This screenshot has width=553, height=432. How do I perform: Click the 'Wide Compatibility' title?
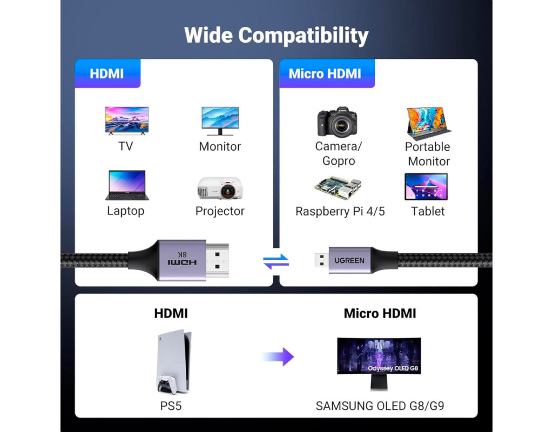coord(276,35)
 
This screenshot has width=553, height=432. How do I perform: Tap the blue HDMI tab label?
coord(107,73)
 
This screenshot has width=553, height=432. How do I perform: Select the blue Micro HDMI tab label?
coord(325,73)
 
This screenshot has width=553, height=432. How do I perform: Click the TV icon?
coord(126,120)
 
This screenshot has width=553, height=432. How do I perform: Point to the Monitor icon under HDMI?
coord(220,120)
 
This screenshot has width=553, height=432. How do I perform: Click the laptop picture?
coord(126,185)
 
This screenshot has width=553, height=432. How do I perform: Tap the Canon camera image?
coord(338,122)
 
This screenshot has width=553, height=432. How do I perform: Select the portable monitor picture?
coord(428,122)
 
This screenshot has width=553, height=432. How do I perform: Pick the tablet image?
coord(426,186)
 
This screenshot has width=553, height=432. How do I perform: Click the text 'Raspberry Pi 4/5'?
coord(340,211)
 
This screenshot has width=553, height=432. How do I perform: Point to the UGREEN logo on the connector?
coord(349,260)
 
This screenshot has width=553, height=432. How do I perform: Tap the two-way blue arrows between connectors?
coord(276,261)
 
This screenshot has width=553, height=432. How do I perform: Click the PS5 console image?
coord(173,362)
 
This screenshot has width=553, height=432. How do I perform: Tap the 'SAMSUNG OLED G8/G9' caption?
coord(380,406)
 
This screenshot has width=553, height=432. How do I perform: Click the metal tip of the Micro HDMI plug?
coord(320,260)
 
